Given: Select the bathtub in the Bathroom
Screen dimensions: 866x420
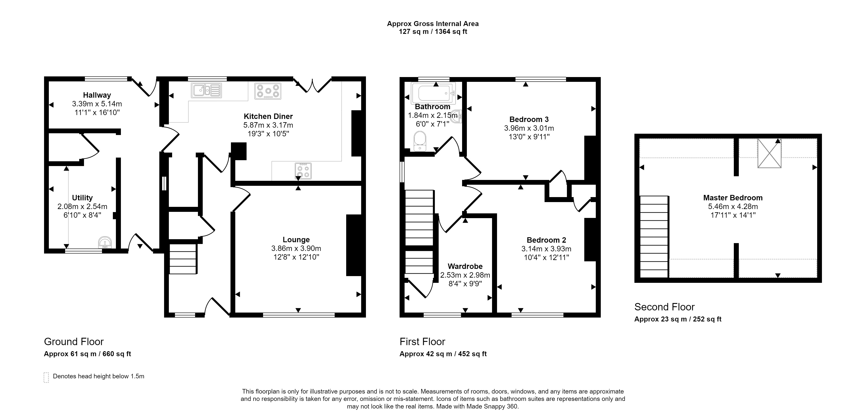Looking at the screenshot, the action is pyautogui.click(x=433, y=93).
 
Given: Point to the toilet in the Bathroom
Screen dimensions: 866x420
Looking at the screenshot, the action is pyautogui.click(x=420, y=141).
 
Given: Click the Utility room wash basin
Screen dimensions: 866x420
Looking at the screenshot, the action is pyautogui.click(x=105, y=242).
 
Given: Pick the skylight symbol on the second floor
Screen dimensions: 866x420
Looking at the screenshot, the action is pyautogui.click(x=769, y=153).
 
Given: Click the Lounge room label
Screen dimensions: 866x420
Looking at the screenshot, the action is pyautogui.click(x=296, y=240).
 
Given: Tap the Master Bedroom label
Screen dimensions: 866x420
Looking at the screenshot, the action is pyautogui.click(x=733, y=198).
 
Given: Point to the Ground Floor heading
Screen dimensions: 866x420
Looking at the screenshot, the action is pyautogui.click(x=74, y=342).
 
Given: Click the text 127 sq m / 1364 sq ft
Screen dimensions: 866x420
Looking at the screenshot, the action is pyautogui.click(x=433, y=32).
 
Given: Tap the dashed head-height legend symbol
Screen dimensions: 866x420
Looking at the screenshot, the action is pyautogui.click(x=46, y=378).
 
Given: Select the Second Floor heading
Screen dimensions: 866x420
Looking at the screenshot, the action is pyautogui.click(x=664, y=307).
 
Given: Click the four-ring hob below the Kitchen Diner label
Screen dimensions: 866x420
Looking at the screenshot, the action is pyautogui.click(x=303, y=171).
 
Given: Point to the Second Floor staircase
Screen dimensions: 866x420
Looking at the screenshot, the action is pyautogui.click(x=654, y=237).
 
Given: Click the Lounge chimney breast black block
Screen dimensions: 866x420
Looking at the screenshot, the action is pyautogui.click(x=354, y=245).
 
